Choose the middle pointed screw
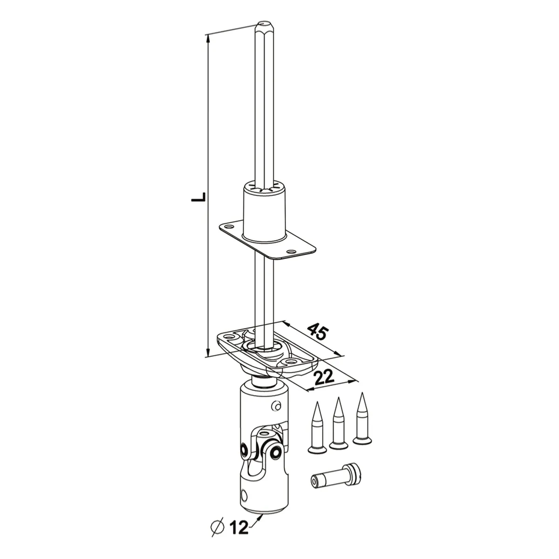click(338, 424)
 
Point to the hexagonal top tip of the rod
click(265, 26)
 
